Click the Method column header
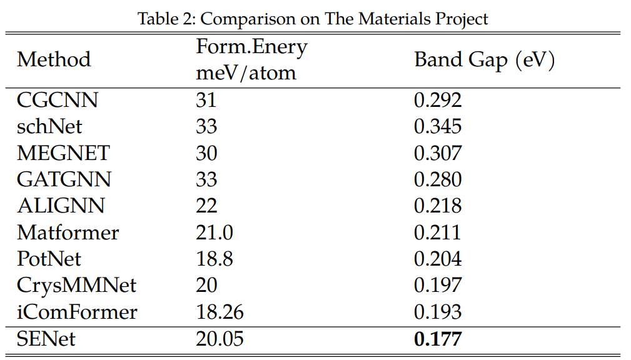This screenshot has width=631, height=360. tap(54, 60)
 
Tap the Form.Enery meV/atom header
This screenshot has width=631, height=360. tap(251, 60)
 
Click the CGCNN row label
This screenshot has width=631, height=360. tap(58, 100)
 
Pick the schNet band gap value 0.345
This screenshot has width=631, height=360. tap(438, 126)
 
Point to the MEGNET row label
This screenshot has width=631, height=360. tap(63, 153)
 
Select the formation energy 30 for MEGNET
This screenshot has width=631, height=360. tap(206, 153)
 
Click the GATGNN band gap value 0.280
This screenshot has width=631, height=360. tap(438, 179)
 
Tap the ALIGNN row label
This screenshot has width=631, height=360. tap(61, 206)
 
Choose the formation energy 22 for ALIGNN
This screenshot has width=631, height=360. tap(206, 206)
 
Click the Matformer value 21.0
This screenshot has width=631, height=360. tap(215, 232)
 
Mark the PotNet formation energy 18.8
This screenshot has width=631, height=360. tap(214, 259)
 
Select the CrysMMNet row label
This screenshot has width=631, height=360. tap(76, 286)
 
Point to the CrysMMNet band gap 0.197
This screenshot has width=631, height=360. tap(438, 286)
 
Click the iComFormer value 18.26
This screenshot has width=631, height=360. tap(220, 312)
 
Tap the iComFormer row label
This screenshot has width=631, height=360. tap(77, 312)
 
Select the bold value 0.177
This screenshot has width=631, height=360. tap(438, 339)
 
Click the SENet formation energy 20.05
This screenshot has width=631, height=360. tap(220, 339)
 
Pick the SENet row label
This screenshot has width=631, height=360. tap(46, 339)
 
